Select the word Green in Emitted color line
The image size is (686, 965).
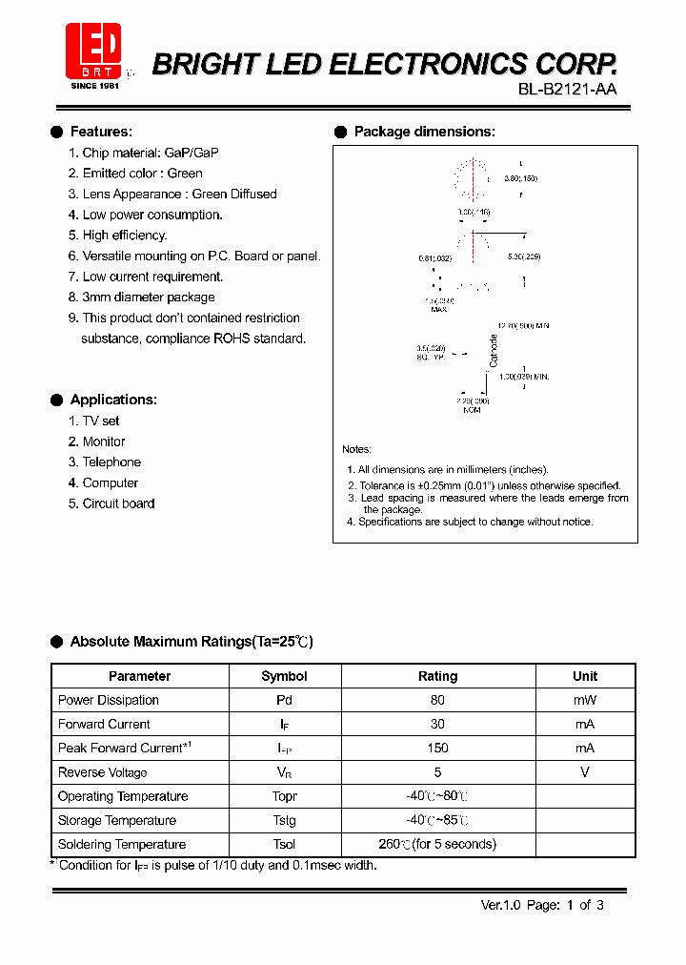click(185, 174)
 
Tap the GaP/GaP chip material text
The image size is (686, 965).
click(192, 153)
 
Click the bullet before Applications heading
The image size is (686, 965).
click(57, 400)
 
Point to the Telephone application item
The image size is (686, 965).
click(111, 462)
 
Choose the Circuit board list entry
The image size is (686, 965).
click(118, 503)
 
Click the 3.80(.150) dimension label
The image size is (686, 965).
click(521, 179)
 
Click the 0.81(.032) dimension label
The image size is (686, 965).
click(435, 257)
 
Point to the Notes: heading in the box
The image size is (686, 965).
click(357, 449)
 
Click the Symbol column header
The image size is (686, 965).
click(284, 676)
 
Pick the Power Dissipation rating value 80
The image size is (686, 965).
click(437, 700)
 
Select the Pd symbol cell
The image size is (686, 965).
click(284, 700)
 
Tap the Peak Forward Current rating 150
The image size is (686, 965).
click(437, 748)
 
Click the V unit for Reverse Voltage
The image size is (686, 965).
click(585, 772)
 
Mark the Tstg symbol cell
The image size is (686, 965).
click(284, 820)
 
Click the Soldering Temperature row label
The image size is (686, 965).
click(122, 844)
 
